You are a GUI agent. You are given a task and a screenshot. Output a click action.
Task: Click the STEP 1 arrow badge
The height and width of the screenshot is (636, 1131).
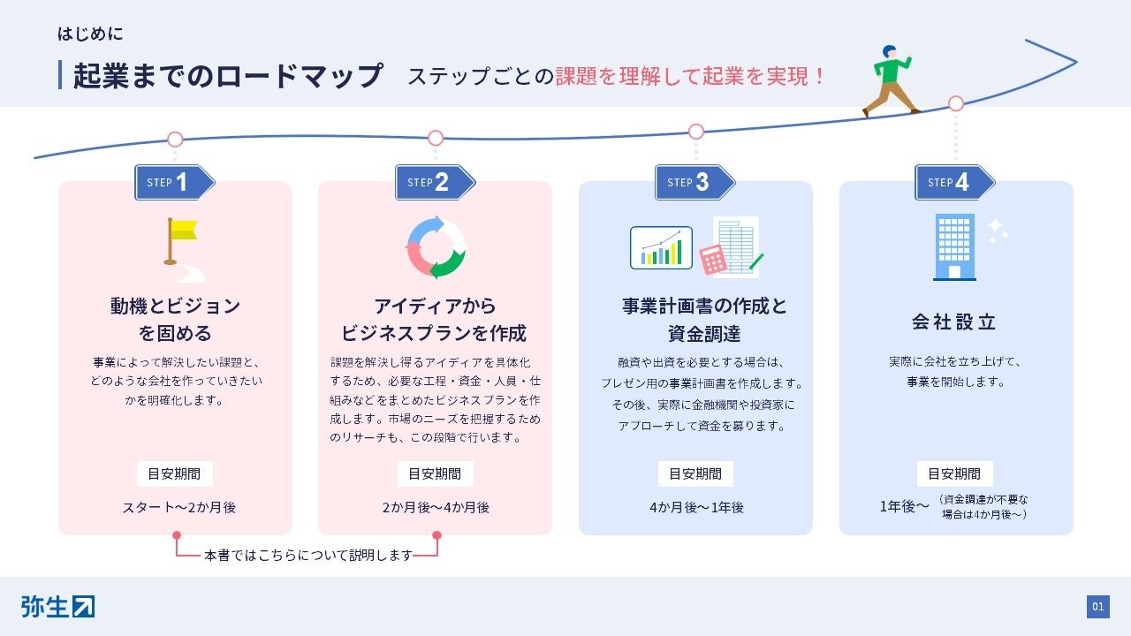coord(174,183)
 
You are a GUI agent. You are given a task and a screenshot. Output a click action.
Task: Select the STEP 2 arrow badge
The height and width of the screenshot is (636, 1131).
coord(434,183)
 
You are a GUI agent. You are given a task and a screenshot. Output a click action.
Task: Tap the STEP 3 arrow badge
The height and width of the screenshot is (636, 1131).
coord(695,183)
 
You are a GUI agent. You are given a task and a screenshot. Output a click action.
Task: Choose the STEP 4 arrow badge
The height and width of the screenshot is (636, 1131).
coord(954,183)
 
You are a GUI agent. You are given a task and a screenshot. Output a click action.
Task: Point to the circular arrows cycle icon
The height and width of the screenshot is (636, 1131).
coord(436,247)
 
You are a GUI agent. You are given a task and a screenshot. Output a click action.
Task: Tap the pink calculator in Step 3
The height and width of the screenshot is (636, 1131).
coord(712,260)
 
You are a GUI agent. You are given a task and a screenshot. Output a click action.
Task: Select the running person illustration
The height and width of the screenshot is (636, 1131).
coord(891,81)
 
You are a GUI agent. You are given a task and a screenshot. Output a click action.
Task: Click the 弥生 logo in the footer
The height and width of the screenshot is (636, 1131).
coord(57,607)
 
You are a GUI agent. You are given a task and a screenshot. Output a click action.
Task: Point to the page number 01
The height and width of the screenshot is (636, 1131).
coord(1097,607)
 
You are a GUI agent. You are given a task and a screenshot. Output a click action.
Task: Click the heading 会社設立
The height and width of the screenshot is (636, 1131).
coord(955,322)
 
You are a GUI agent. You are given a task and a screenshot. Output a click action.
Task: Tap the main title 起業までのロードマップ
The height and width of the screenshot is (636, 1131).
coord(228,76)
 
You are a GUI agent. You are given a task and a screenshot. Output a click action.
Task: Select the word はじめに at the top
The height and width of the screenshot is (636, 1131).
coord(90,35)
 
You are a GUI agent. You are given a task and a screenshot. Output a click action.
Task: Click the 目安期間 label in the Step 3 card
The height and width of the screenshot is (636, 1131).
coord(695,473)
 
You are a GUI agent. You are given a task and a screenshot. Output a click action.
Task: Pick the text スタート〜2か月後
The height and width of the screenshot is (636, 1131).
coord(179,507)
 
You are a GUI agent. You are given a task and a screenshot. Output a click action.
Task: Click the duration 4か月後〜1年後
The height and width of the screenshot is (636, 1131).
coord(696,507)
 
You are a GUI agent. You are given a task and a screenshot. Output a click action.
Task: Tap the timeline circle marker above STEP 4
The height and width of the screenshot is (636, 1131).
coord(956,103)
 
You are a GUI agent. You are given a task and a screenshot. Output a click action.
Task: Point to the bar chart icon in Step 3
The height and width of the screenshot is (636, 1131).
coord(661,247)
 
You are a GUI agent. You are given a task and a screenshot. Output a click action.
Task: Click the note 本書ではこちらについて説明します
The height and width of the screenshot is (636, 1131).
coord(308,556)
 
